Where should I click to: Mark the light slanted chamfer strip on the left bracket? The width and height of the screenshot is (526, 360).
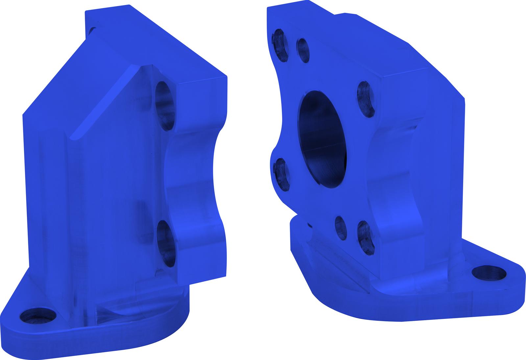(x=105, y=102)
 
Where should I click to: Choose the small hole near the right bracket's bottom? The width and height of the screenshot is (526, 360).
(x=341, y=228)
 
